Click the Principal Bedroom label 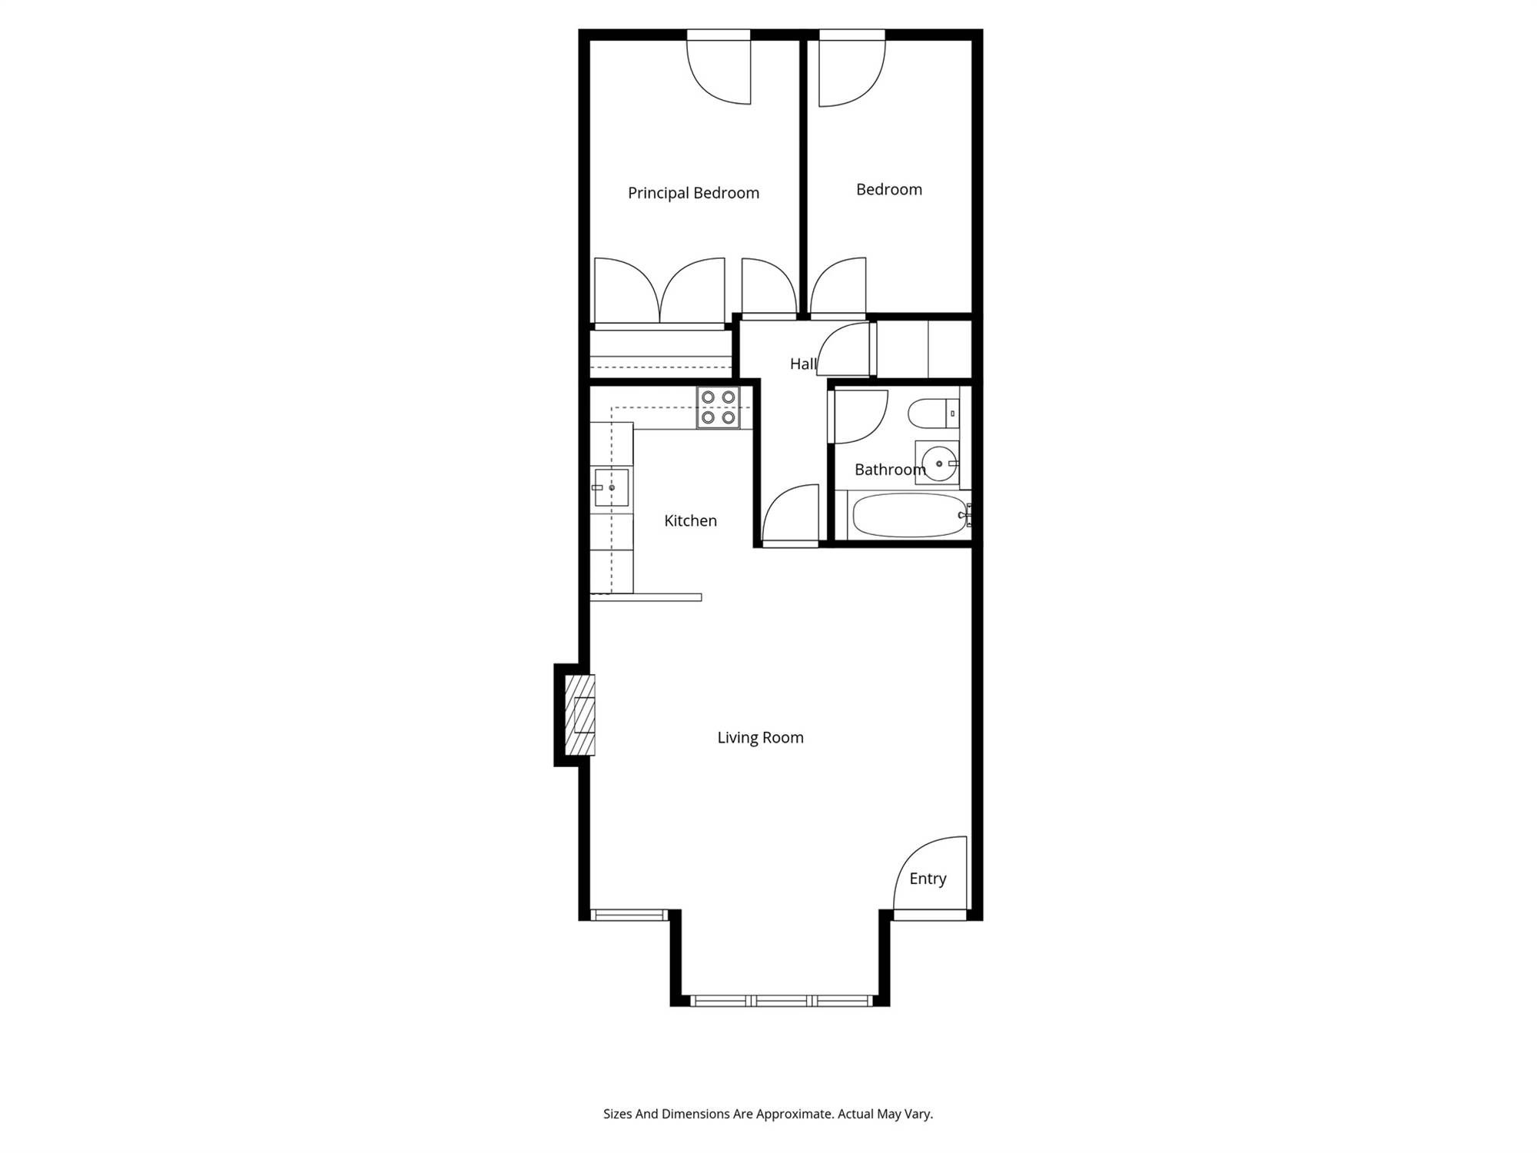coord(693,193)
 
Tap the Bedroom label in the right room coord(889,189)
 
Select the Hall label coord(803,364)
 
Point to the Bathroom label coord(890,470)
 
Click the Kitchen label coord(690,520)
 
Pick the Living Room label coord(760,737)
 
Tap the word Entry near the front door coord(928,879)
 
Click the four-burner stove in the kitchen coord(719,407)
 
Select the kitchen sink coord(612,487)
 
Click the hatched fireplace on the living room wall coord(580,715)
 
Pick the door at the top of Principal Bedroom coord(718,71)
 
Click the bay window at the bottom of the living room coord(781,1001)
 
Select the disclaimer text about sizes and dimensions coord(768,1114)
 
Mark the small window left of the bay coord(629,915)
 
